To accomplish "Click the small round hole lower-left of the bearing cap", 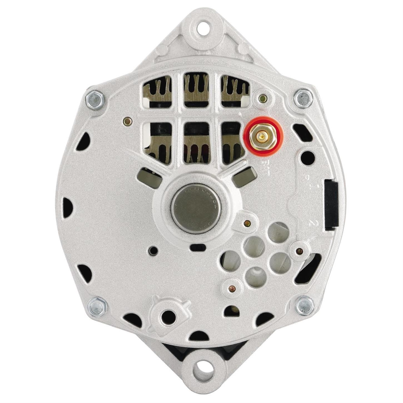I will click(153, 251).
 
